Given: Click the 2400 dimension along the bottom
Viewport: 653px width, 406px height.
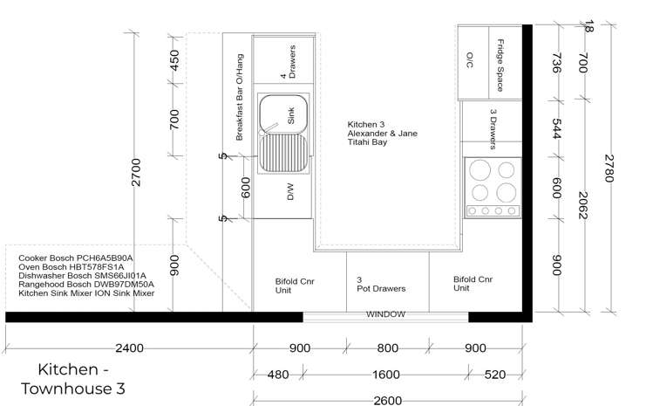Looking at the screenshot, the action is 130,348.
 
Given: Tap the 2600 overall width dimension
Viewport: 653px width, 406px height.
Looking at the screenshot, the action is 388,401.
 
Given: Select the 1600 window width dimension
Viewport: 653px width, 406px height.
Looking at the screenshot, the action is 386,375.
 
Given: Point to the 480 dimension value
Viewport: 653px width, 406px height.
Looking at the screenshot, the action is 278,375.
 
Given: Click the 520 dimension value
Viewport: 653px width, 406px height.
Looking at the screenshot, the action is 494,375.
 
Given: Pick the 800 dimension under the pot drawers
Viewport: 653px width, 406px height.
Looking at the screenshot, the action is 387,348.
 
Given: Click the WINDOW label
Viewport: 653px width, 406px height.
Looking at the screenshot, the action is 385,313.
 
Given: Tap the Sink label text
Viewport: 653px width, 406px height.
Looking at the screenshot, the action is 290,115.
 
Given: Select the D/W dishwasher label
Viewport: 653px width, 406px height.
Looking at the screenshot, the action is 290,191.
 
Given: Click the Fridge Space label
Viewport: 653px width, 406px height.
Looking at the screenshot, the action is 500,65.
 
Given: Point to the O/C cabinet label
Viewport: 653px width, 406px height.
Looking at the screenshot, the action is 469,59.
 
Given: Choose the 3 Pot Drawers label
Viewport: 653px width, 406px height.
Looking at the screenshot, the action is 381,284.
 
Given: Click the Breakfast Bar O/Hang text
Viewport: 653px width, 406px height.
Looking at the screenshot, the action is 240,97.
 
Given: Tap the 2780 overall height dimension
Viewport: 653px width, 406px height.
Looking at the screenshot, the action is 609,169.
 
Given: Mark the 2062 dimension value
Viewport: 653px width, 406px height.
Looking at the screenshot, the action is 583,205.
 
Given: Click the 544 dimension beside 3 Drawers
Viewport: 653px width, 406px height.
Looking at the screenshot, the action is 557,128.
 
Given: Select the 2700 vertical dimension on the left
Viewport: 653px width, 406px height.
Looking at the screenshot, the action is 136,172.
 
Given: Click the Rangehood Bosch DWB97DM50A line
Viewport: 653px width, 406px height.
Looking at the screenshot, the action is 86,284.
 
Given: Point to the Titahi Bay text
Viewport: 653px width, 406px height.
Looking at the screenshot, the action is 367,141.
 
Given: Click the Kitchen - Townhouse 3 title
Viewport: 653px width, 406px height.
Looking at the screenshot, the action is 73,379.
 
